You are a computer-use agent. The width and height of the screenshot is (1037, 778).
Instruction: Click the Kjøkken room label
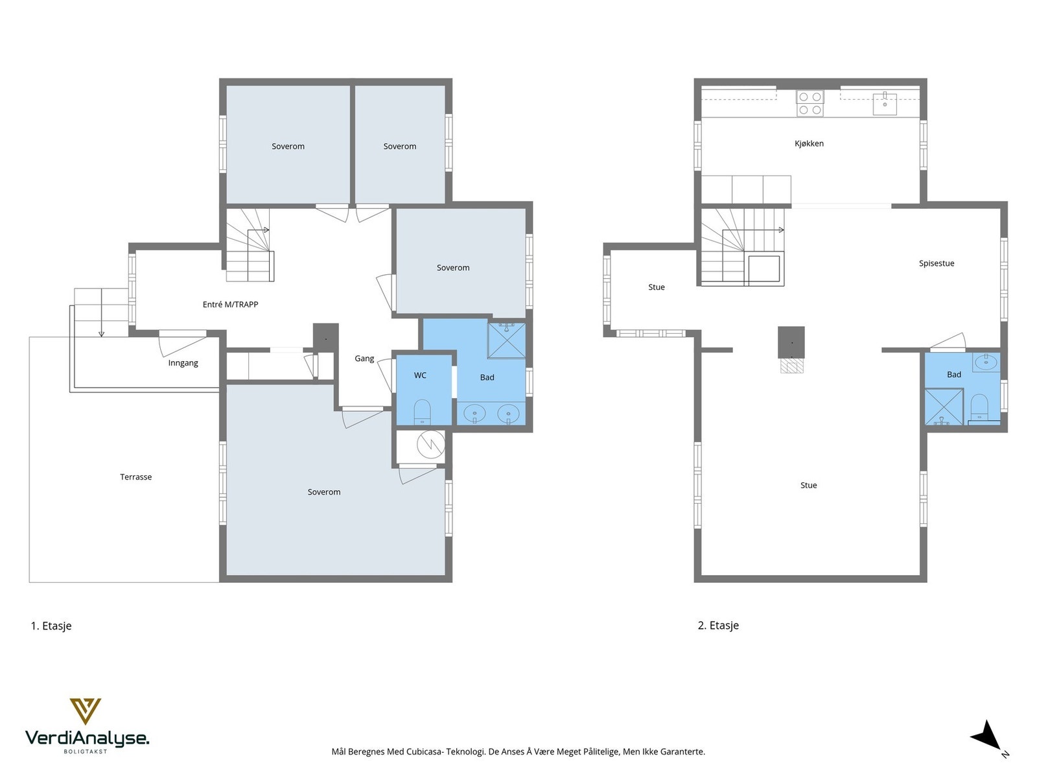[x=809, y=143]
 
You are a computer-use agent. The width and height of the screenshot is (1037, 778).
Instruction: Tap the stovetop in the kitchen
[x=810, y=104]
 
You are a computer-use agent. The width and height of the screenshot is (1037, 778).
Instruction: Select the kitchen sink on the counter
[x=885, y=104]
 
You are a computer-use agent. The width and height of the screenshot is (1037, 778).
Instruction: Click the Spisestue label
[x=937, y=264]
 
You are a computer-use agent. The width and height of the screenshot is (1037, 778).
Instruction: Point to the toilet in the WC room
[x=422, y=412]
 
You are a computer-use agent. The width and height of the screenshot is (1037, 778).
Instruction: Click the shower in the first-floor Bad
[x=506, y=340]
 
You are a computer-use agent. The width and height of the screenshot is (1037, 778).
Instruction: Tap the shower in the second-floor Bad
[x=944, y=407]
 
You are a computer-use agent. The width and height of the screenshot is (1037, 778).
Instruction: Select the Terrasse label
[x=135, y=477]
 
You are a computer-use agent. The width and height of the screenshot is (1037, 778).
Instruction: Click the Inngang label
[x=183, y=363]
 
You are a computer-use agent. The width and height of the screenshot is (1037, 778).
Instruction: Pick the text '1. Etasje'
[x=51, y=626]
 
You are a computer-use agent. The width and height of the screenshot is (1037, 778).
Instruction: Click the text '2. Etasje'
[x=718, y=626]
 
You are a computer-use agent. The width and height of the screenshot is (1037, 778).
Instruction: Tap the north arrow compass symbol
[x=987, y=737]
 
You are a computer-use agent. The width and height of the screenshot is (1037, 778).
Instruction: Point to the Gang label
[x=364, y=359]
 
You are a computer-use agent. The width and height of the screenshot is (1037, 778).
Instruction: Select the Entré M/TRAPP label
[x=231, y=305]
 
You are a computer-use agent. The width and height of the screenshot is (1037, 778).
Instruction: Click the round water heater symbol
[x=431, y=444]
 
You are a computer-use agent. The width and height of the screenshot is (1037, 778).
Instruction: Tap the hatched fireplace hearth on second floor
[x=791, y=366]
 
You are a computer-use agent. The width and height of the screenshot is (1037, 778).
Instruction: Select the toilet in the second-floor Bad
[x=979, y=407]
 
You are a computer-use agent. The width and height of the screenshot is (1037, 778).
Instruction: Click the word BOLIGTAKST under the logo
[x=86, y=751]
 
